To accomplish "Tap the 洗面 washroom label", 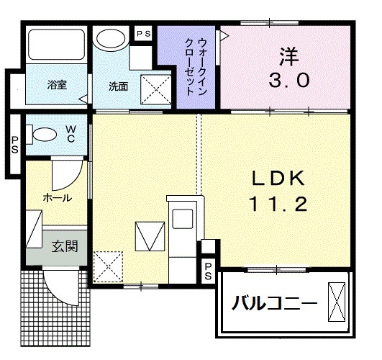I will coord(119,86).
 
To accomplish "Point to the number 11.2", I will coord(279,204).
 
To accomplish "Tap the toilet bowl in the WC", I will coord(46,133).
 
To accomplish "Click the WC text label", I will coord(71,134).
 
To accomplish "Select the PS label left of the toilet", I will coord(14,144).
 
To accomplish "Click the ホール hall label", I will coord(57,196).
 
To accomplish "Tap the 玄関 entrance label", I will coord(65,248).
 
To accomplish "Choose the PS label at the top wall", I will coord(144,33).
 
